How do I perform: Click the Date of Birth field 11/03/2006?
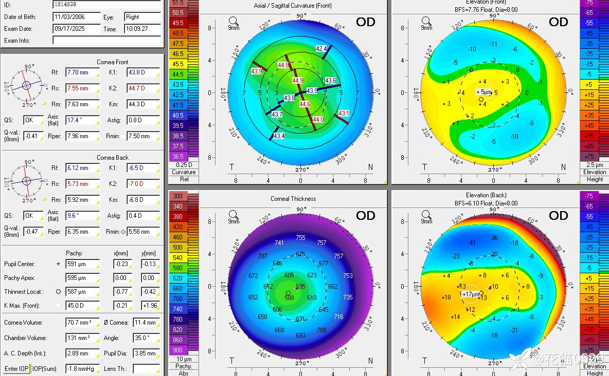tap(76, 17)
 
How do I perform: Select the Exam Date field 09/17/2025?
tap(76, 29)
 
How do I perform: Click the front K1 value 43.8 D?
tap(142, 72)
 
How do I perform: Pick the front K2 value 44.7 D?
tap(142, 88)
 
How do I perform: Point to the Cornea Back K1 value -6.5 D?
tap(142, 168)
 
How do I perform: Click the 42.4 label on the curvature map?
tap(321, 49)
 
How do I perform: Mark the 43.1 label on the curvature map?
tap(344, 114)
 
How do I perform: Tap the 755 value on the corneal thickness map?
tap(300, 238)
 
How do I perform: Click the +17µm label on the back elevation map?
tap(471, 294)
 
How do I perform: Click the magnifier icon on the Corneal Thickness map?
tap(234, 215)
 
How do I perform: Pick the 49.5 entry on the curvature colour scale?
tap(178, 23)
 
